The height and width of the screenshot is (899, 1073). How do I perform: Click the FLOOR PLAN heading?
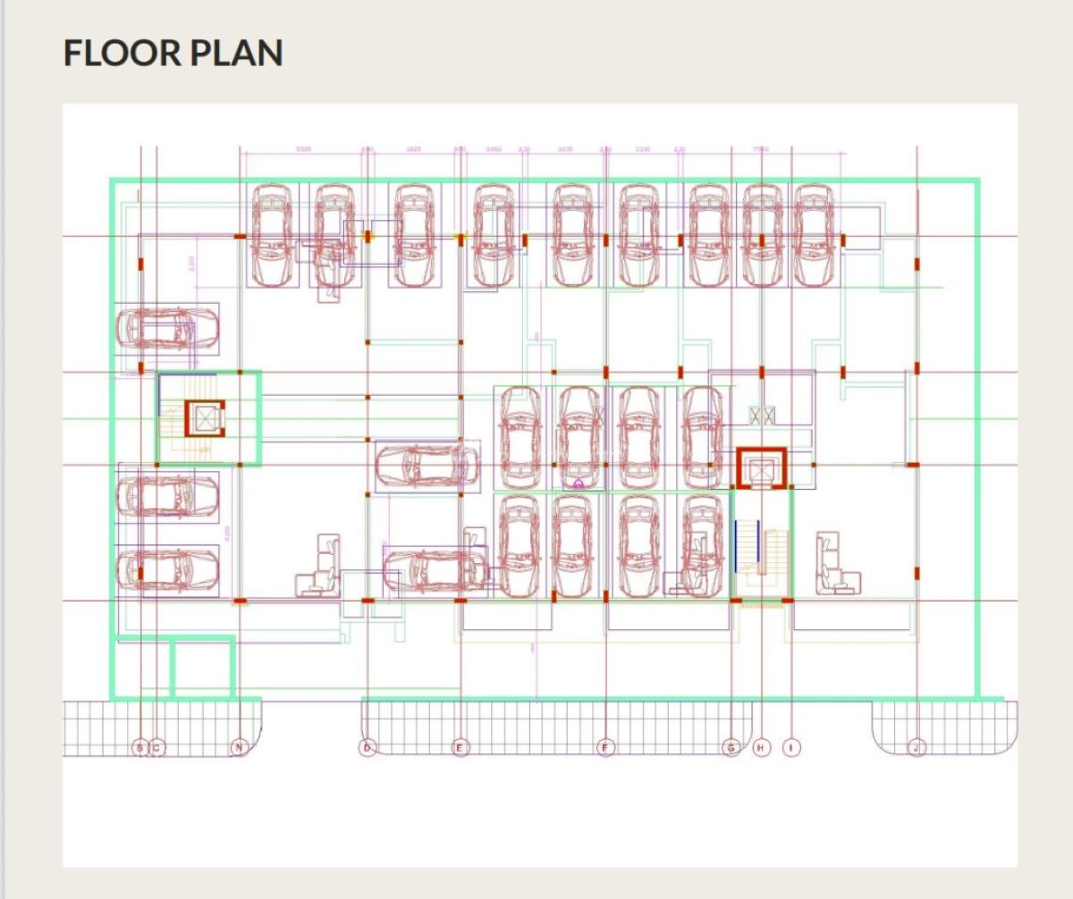point(173,54)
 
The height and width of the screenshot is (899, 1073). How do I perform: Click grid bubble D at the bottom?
point(368,747)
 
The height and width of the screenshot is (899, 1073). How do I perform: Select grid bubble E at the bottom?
point(460,747)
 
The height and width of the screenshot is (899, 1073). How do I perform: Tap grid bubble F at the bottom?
point(606,747)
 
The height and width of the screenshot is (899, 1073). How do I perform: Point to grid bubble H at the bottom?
point(761,747)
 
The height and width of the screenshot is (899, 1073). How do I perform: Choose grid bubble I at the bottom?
point(791,747)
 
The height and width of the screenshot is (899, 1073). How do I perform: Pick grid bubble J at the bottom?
point(917,747)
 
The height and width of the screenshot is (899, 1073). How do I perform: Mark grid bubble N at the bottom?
point(239,747)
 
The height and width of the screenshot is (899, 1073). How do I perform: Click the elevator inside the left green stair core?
point(205,418)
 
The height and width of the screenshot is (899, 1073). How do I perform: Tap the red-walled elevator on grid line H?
point(761,469)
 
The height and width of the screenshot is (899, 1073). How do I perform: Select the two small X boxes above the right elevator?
point(762,416)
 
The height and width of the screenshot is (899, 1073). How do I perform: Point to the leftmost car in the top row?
point(273,234)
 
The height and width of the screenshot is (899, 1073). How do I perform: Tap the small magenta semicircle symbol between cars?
point(579,483)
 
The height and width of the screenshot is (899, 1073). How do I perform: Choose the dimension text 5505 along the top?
point(303,149)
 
